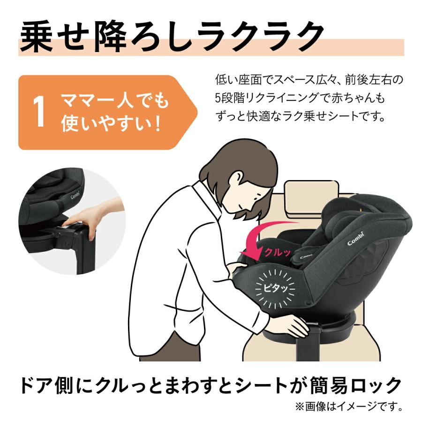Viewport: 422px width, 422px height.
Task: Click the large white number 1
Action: pos(40,113)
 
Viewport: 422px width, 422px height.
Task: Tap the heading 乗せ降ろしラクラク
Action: pos(172,34)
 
